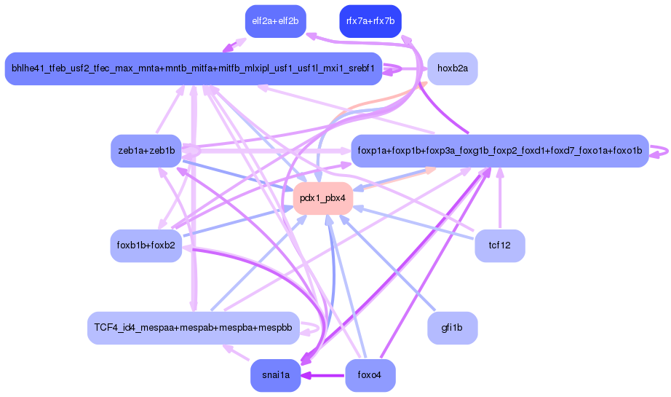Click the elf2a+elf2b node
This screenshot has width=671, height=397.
pyautogui.click(x=275, y=20)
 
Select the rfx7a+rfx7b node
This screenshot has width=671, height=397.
pyautogui.click(x=370, y=20)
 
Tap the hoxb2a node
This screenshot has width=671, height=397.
pyautogui.click(x=452, y=68)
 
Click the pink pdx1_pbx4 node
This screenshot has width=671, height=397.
pyautogui.click(x=322, y=198)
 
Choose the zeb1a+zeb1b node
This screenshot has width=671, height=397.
pyautogui.click(x=146, y=151)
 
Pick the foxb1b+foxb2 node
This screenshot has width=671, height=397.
pyautogui.click(x=146, y=245)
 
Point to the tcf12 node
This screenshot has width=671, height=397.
pyautogui.click(x=499, y=245)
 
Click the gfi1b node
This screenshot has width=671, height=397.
pyautogui.click(x=452, y=328)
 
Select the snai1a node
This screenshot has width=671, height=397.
pyautogui.click(x=275, y=375)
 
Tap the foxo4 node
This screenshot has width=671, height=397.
pyautogui.click(x=370, y=375)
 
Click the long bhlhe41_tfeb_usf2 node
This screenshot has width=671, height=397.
pyautogui.click(x=193, y=68)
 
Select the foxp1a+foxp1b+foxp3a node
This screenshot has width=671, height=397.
pyautogui.click(x=499, y=151)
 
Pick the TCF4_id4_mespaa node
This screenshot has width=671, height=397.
pyautogui.click(x=193, y=328)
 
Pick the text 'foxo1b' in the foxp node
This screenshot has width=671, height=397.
pyautogui.click(x=624, y=151)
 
